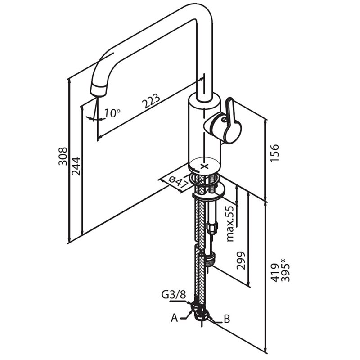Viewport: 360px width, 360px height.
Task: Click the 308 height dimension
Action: coord(63,156)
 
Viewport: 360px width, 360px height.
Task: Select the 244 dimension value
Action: coord(76,166)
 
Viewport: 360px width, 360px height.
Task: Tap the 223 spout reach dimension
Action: coord(151,101)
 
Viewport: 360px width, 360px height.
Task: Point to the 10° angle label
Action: coord(112,113)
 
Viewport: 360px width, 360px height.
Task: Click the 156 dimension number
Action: coord(274,153)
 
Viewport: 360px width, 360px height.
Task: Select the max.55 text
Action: coord(230,223)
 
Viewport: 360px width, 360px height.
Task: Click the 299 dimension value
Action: coord(241,261)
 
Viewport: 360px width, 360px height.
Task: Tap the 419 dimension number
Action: coord(274,273)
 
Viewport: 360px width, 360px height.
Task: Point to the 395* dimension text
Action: coord(285,270)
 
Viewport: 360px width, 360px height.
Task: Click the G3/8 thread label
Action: coord(173,295)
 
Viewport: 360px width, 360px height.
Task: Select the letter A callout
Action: coord(174,318)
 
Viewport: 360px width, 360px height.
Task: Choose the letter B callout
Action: coord(227,319)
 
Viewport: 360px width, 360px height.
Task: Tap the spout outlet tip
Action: coord(99,91)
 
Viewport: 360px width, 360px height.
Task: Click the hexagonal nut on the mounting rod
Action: coord(211,228)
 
